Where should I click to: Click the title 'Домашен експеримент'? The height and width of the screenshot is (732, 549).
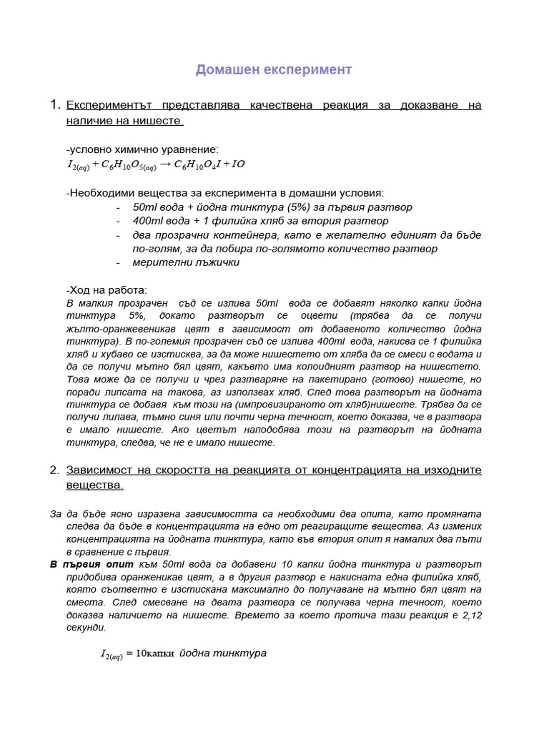click(x=274, y=70)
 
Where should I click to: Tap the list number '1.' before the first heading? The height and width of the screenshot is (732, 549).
click(x=55, y=105)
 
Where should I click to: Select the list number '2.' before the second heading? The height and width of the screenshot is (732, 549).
click(x=55, y=470)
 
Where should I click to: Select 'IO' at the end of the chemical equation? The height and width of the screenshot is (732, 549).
click(x=238, y=164)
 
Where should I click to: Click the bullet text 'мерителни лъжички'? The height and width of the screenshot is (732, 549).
click(x=186, y=262)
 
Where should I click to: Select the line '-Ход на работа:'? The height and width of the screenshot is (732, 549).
click(x=106, y=290)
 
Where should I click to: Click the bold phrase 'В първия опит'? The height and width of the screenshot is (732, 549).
click(x=91, y=564)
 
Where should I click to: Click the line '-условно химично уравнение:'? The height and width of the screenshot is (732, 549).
click(x=142, y=149)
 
